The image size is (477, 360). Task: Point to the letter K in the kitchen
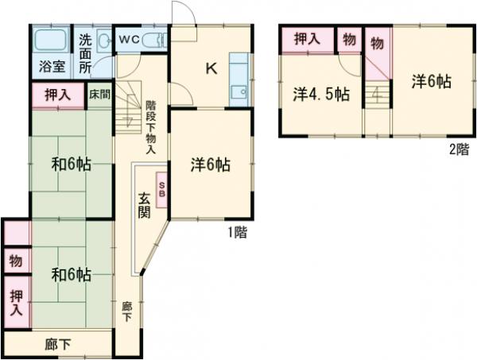click(x=211, y=68)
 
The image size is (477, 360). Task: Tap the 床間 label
click(x=99, y=94)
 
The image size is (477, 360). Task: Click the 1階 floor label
click(x=236, y=233)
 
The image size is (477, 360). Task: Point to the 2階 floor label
click(x=459, y=149)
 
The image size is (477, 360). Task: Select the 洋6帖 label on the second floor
click(x=432, y=81)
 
